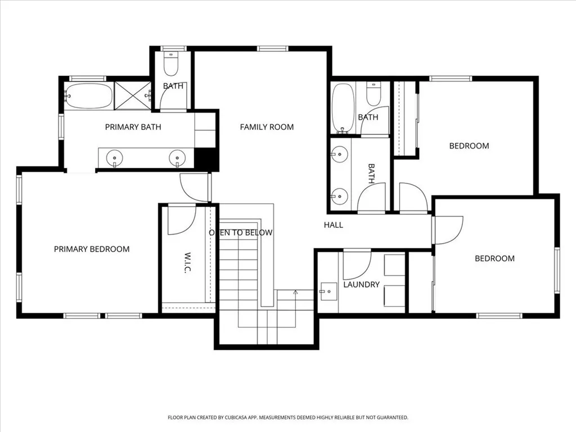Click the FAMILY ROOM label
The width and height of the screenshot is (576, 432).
[x=267, y=127]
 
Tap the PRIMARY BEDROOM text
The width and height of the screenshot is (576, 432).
[x=92, y=249]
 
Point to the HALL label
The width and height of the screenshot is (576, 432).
[x=333, y=225]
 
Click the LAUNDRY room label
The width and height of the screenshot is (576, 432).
[x=361, y=285]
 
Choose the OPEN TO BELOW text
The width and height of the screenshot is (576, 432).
[x=241, y=232]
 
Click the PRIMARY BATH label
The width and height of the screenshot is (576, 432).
[x=133, y=127]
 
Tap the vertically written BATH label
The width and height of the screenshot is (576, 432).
[x=371, y=174]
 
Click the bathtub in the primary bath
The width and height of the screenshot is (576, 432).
[x=88, y=96]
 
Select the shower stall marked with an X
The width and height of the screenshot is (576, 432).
[x=133, y=96]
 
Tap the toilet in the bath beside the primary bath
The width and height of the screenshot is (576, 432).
[x=170, y=65]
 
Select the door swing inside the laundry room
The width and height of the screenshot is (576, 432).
[x=357, y=265]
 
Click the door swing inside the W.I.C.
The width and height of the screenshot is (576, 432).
[x=181, y=220]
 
